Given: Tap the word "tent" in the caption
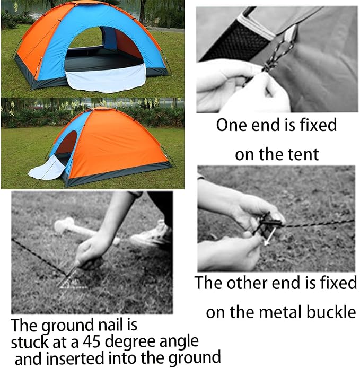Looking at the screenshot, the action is [305, 154].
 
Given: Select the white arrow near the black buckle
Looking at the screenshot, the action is [269, 236].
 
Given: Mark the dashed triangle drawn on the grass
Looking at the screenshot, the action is [73, 279].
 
